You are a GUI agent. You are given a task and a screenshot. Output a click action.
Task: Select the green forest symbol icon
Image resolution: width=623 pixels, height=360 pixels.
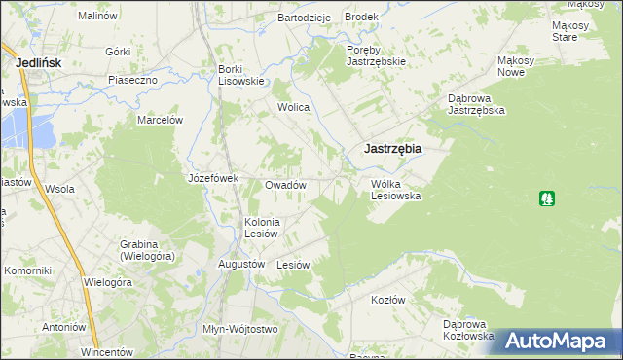(x=547, y=198)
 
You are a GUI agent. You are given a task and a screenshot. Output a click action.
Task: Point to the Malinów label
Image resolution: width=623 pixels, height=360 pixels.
(x=97, y=17)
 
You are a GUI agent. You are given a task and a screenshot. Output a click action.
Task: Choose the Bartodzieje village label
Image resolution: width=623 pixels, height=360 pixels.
(x=305, y=18)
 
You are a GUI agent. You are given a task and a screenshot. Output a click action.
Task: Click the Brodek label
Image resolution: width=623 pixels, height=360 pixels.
(x=361, y=18)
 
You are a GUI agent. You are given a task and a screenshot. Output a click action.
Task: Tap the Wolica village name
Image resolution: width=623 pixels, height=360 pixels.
(x=293, y=107)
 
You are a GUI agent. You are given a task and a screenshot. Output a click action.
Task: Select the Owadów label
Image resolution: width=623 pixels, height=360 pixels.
(x=286, y=185)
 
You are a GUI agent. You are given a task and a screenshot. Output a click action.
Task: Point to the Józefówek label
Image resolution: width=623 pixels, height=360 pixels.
(x=213, y=179)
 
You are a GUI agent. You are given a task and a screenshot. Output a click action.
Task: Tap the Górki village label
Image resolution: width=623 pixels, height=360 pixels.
(x=118, y=52)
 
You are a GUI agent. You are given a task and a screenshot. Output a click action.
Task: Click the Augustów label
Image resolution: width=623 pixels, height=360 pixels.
(x=242, y=264)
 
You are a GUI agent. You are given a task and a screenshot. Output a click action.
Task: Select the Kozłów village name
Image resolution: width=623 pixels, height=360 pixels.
(x=387, y=300)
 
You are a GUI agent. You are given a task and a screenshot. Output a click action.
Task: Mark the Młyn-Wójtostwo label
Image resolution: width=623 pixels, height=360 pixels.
(x=239, y=329)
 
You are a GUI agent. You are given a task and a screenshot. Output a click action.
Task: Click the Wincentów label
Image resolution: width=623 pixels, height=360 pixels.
(x=106, y=350)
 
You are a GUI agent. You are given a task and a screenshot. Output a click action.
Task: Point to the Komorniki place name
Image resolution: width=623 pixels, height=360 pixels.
(x=27, y=270)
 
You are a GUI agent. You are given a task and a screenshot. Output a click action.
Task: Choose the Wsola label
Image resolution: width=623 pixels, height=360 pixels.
(x=59, y=189)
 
